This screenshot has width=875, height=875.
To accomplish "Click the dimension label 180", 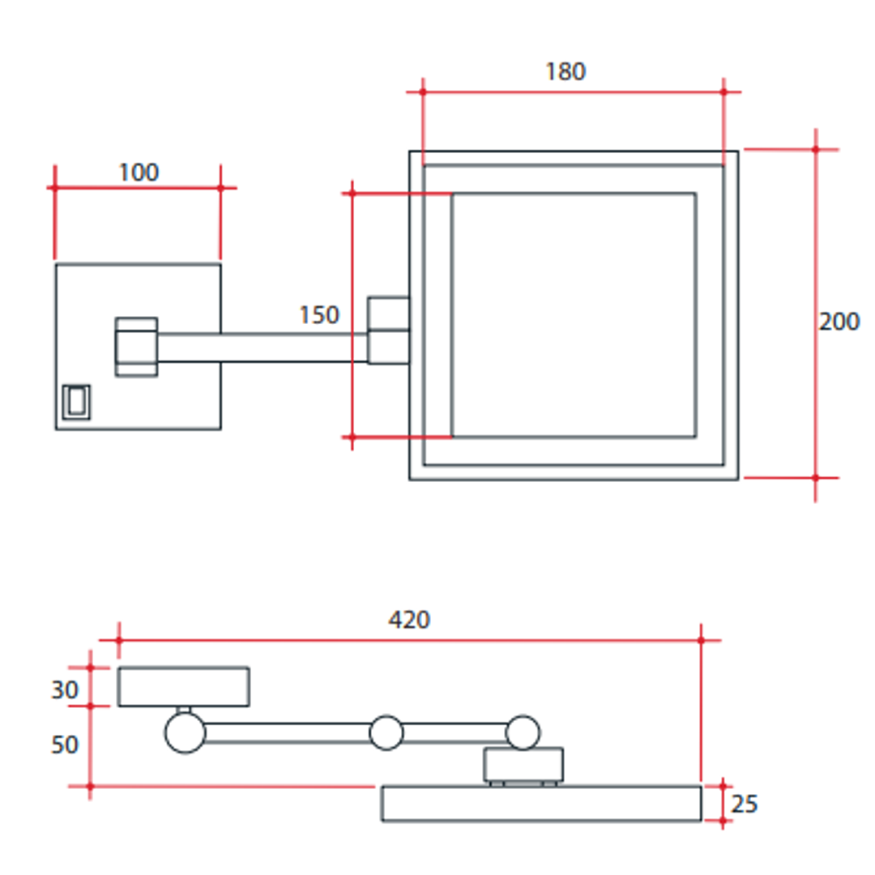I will pyautogui.click(x=565, y=72).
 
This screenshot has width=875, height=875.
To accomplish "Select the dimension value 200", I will pyautogui.click(x=839, y=322).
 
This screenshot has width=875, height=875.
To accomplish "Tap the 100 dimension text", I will pyautogui.click(x=139, y=173).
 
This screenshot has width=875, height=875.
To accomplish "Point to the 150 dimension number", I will pyautogui.click(x=319, y=315).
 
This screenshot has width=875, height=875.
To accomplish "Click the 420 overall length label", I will pyautogui.click(x=409, y=620).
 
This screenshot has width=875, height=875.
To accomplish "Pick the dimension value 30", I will pyautogui.click(x=65, y=690).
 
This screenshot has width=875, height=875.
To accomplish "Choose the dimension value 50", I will pyautogui.click(x=65, y=745).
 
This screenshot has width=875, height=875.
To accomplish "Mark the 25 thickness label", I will pyautogui.click(x=745, y=805).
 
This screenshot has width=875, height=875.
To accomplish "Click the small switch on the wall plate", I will pyautogui.click(x=76, y=402).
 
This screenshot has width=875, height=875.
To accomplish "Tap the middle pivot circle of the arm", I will pyautogui.click(x=386, y=732).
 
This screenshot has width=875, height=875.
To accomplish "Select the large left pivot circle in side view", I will pyautogui.click(x=185, y=733).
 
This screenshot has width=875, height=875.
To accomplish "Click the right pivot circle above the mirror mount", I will pyautogui.click(x=523, y=732).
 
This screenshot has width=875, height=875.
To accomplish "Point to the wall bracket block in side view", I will pyautogui.click(x=183, y=686).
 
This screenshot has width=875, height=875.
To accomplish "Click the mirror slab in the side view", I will pyautogui.click(x=541, y=804).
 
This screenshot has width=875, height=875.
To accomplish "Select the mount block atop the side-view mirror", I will pyautogui.click(x=523, y=764).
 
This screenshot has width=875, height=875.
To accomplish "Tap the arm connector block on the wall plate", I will pyautogui.click(x=136, y=347).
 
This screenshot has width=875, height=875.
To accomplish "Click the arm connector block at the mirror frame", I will pyautogui.click(x=389, y=331).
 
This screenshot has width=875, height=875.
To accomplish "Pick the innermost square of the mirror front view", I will pyautogui.click(x=574, y=315).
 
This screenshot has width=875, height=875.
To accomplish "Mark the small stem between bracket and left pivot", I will pyautogui.click(x=184, y=710).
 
